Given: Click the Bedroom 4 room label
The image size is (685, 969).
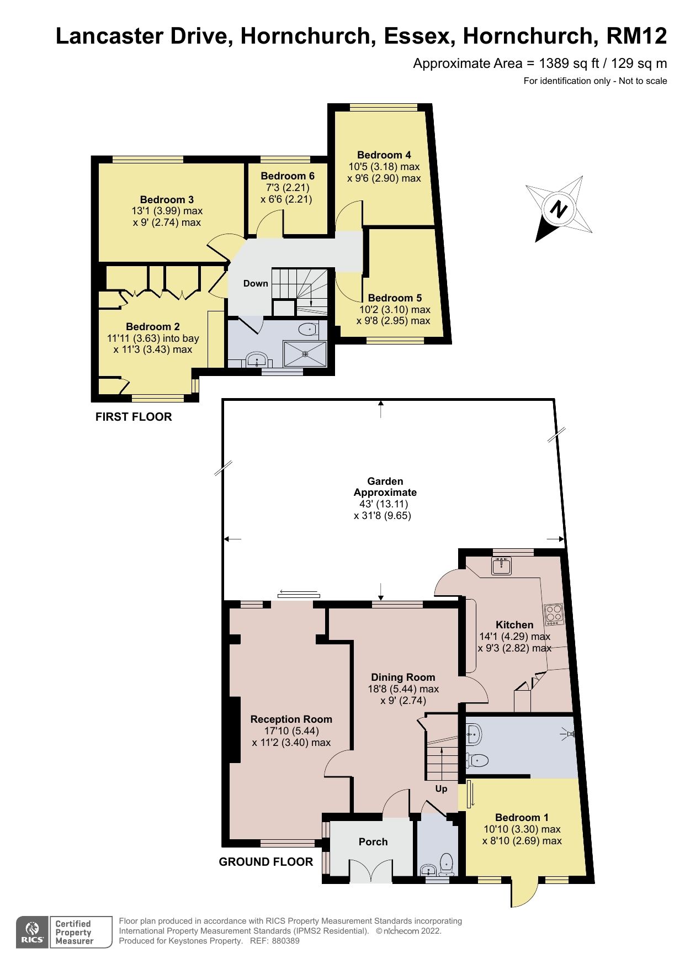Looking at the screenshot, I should (x=384, y=155).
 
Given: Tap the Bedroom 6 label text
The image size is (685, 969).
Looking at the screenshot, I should (x=288, y=176).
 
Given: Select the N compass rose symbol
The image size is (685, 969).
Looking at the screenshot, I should (x=559, y=209).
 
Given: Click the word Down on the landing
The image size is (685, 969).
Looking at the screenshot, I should (x=256, y=283).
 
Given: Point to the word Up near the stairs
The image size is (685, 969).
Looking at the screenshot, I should (x=441, y=788).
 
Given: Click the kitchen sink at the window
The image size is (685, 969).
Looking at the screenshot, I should (x=502, y=565).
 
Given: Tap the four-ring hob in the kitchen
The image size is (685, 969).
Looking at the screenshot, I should (x=554, y=614).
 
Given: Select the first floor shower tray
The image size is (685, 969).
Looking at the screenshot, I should (x=305, y=354).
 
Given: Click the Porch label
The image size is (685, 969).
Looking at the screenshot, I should (x=373, y=841).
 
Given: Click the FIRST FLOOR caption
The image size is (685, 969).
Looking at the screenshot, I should (x=134, y=417).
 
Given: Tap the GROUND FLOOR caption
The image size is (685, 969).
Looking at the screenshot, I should (x=265, y=862).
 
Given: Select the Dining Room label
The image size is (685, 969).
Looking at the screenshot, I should (x=403, y=677).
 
